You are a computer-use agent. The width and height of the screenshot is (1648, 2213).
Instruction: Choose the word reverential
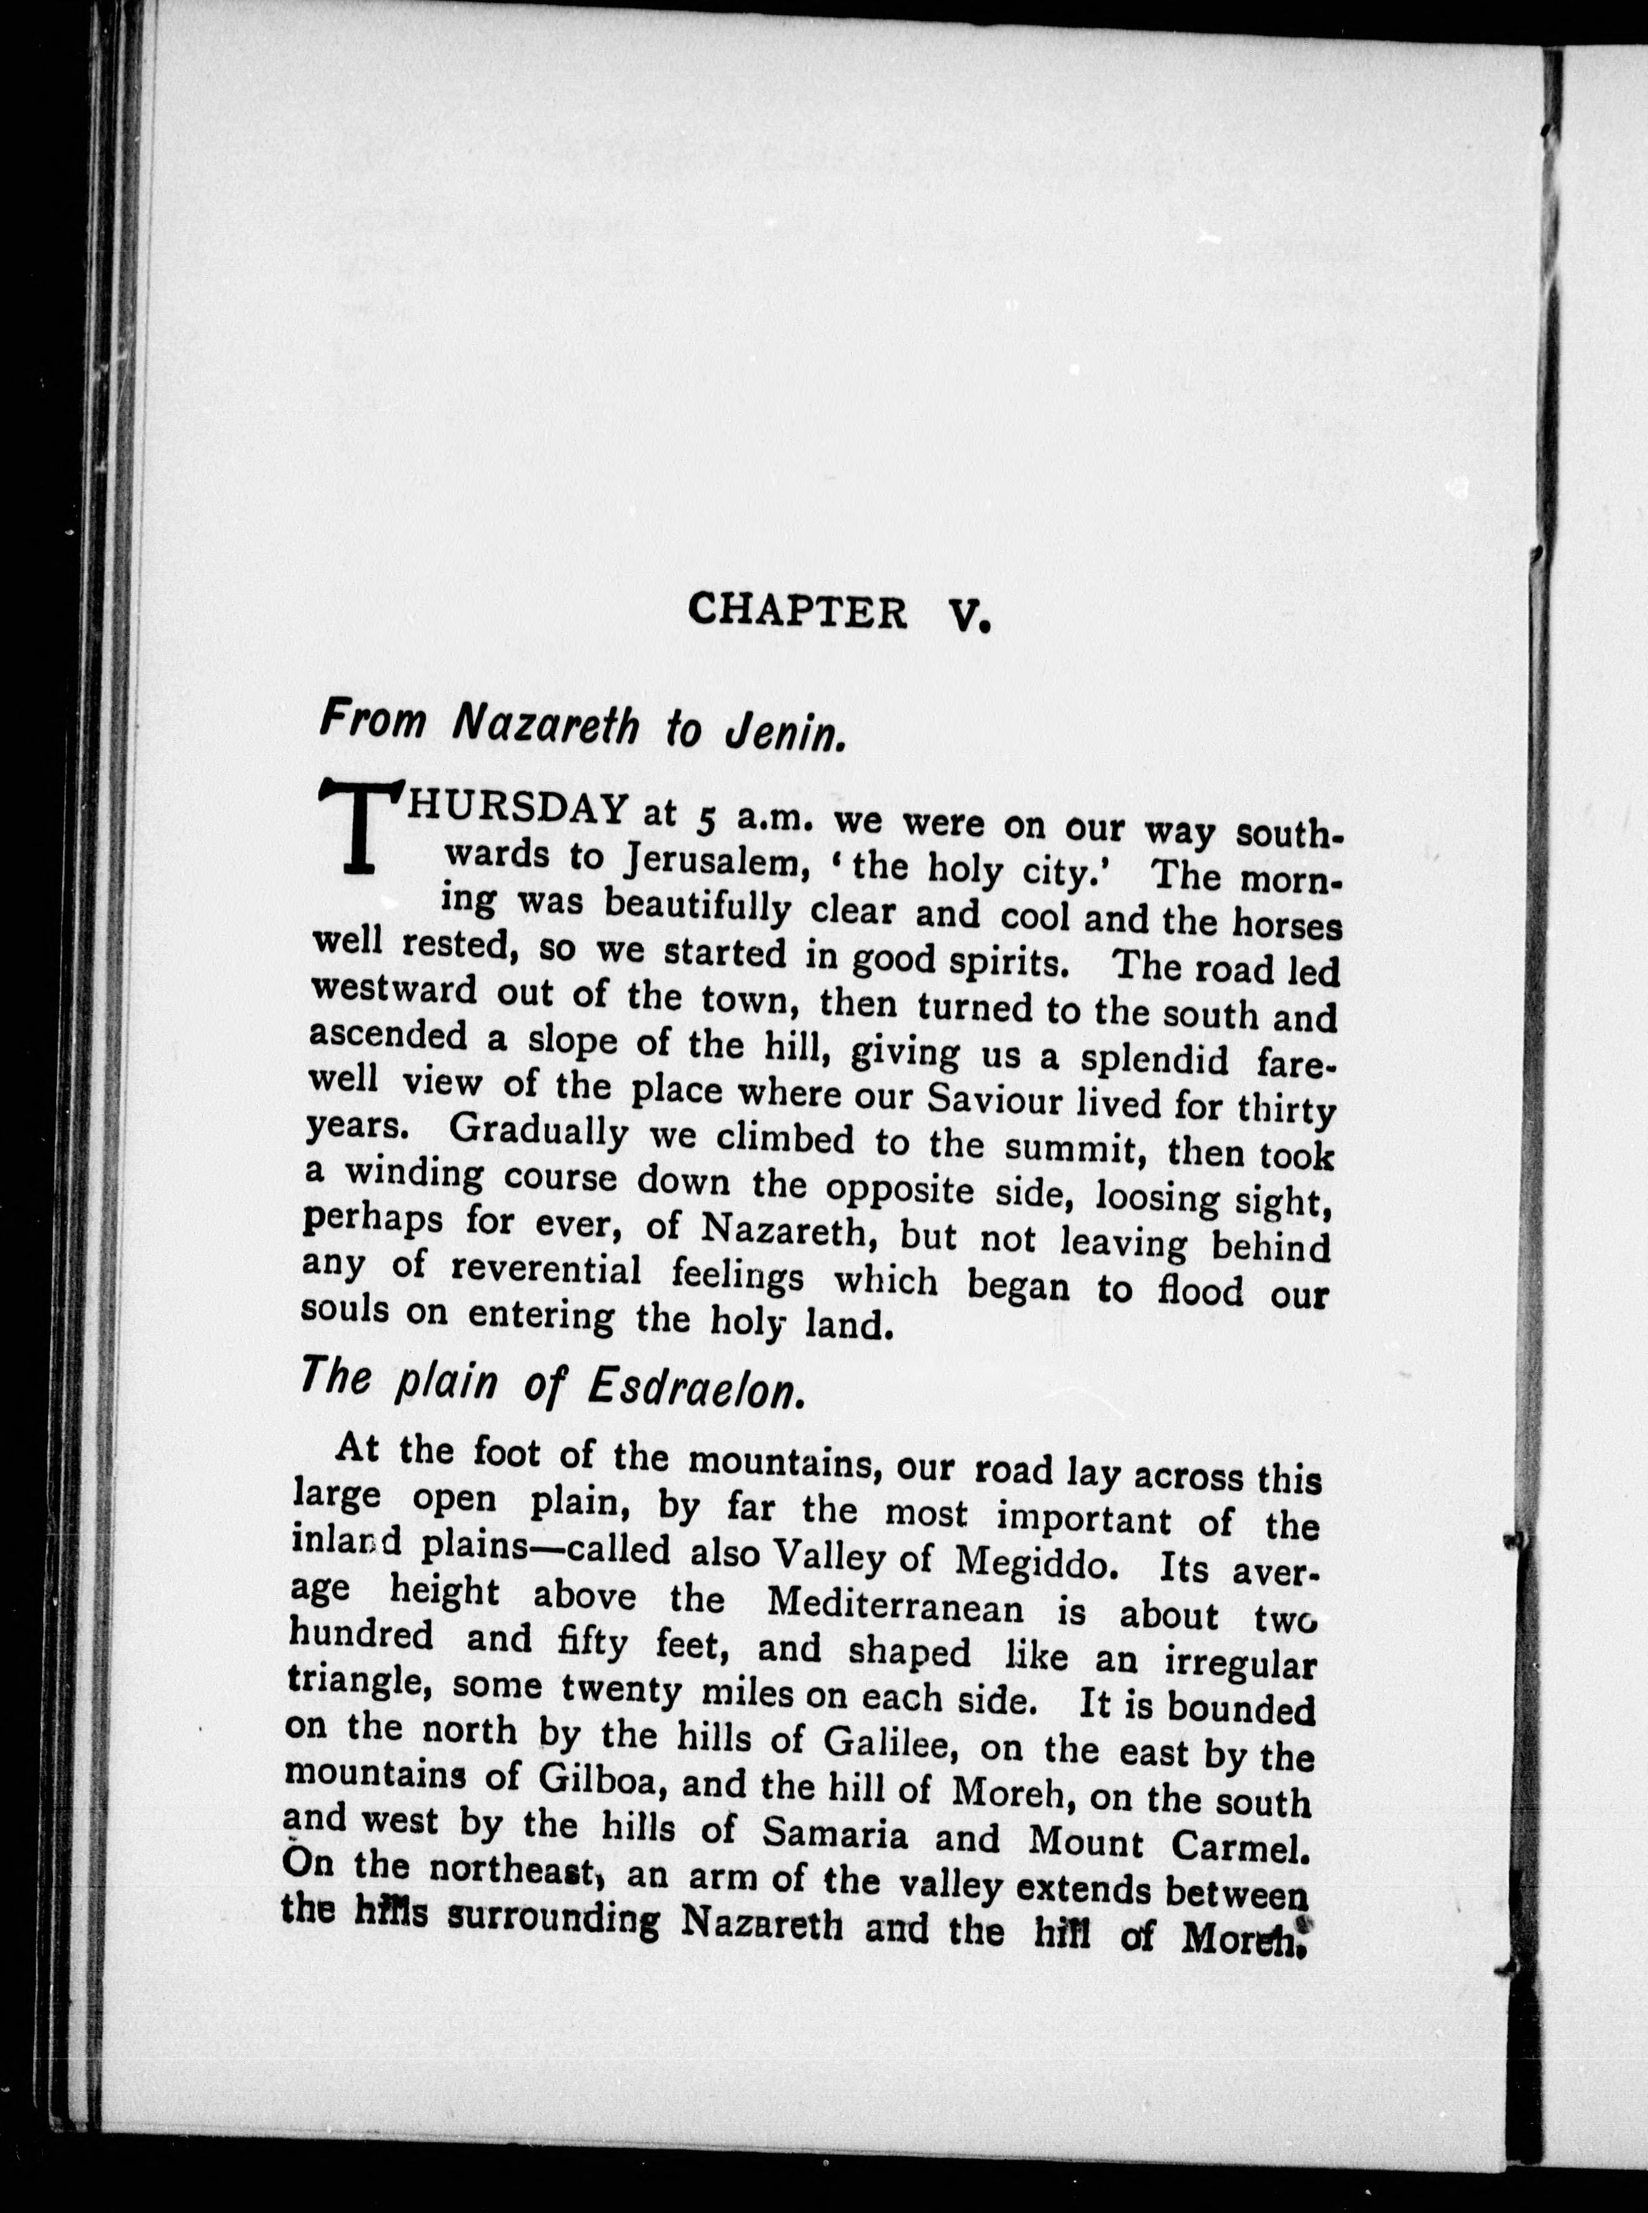click(x=545, y=1273)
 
